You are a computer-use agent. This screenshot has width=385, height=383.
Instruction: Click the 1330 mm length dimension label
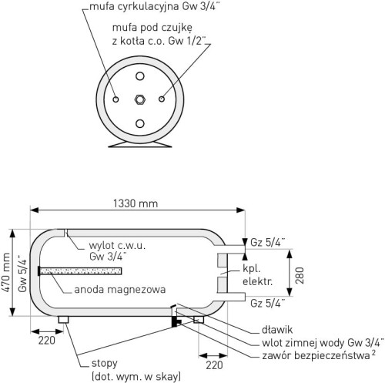coord(136,203)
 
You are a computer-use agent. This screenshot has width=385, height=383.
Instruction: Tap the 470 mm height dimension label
coord(6,273)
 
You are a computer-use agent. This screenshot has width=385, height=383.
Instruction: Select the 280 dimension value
coord(300,275)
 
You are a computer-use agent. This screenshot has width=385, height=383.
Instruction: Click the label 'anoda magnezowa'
coord(120,290)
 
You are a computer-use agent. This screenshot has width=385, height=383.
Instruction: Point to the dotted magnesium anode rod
coord(80,271)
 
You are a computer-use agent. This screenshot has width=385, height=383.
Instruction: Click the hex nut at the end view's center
coord(140,99)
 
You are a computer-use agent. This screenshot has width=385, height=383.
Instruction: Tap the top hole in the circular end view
coord(140,76)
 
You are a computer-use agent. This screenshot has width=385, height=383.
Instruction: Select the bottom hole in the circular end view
coord(140,123)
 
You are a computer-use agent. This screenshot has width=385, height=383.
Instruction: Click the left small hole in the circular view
coord(115,99)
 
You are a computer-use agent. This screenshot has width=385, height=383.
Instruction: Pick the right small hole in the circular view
coord(162,99)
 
